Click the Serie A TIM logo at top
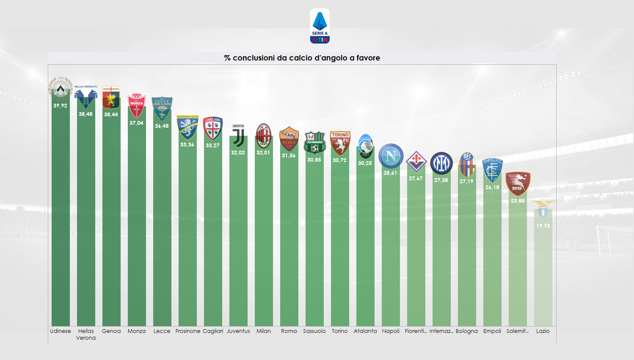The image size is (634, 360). coord(320,26)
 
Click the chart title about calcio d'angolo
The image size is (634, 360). coord(302,58)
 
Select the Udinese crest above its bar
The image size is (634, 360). coord(61,88)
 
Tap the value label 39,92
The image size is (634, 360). coord(61,106)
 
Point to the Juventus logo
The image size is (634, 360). coord(238,135)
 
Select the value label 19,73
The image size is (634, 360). coord(543,226)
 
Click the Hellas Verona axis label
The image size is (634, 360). coord(86,334)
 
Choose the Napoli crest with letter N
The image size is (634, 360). coord(391,156)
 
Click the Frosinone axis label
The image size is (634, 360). coord(187,331)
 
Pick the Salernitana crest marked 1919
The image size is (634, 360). coord(518,184)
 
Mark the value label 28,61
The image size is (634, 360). coord(390,173)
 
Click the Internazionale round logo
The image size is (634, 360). coord(441,163)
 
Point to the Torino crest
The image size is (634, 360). coord(340,143)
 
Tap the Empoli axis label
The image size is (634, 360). coord(492,331)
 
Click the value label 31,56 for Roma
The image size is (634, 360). coord(289,156)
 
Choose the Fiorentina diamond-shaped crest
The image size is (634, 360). coord(416,162)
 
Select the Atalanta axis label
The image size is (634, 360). coord(365,331)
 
